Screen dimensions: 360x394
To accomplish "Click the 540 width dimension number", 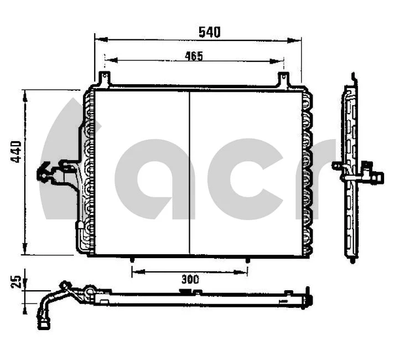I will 209,32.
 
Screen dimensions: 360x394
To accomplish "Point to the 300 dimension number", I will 190,279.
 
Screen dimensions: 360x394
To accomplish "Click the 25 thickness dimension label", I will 16,282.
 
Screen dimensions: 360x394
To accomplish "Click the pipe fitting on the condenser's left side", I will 50,173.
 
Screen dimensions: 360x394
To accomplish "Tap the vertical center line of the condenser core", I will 190,172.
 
